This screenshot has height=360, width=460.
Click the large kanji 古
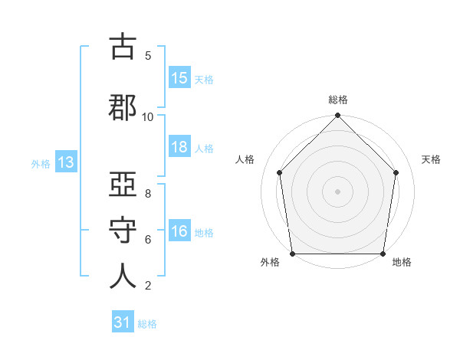point(123,46)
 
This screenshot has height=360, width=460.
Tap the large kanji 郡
point(123,107)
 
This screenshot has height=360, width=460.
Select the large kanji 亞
point(123,184)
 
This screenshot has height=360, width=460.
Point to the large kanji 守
point(123,230)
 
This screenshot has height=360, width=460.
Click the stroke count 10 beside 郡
point(147,117)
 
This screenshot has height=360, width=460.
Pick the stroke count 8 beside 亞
point(148,194)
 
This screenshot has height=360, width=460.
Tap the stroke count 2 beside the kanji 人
point(148,286)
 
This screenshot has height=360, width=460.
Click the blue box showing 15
point(179,77)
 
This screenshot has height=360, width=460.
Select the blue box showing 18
point(179,146)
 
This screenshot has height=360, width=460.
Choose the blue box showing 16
point(179,230)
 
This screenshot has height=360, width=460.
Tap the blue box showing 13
point(66,162)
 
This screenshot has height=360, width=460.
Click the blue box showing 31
point(123,321)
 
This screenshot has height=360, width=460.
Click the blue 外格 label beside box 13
point(41,164)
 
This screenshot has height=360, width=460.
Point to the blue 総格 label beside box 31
point(147,324)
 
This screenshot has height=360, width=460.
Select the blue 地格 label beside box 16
point(204,233)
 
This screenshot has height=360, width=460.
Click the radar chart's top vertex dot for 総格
point(337,115)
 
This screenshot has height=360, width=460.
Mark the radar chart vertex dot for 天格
point(396,172)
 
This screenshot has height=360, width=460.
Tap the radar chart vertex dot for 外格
point(292,254)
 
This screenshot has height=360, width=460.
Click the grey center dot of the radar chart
point(337,191)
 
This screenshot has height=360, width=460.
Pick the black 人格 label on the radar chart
point(245,159)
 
